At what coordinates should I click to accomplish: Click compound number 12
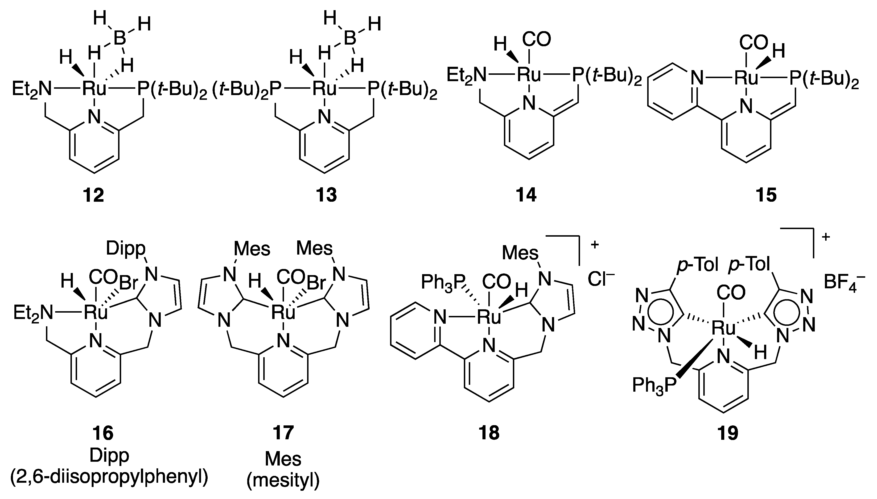tap(93, 195)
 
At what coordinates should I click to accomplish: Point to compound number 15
tap(766, 195)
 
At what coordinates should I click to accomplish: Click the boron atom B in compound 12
tap(119, 38)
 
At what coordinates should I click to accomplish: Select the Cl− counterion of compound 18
tap(601, 280)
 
